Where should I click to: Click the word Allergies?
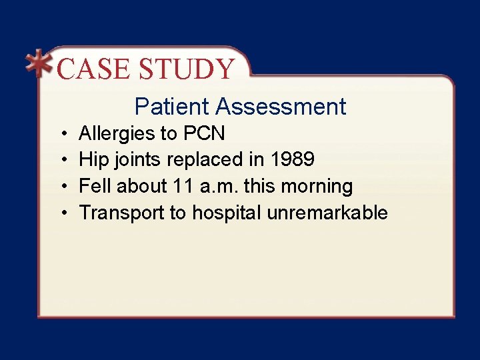pyautogui.click(x=117, y=134)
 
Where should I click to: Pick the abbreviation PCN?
pyautogui.click(x=203, y=133)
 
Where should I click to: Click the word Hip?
pyautogui.click(x=91, y=160)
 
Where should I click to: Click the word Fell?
pyautogui.click(x=95, y=186)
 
